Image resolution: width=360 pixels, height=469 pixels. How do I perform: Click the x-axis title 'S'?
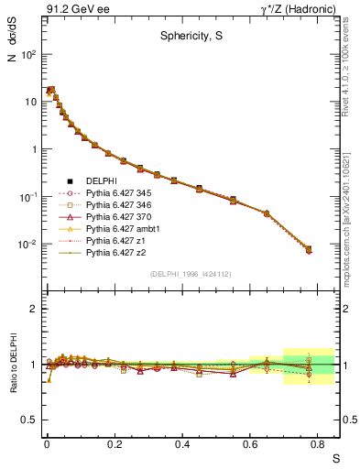pos(335,457)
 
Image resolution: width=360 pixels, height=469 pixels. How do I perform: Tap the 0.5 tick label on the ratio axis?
pos(29,420)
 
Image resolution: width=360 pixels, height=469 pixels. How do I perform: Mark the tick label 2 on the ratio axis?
pos(33,309)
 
